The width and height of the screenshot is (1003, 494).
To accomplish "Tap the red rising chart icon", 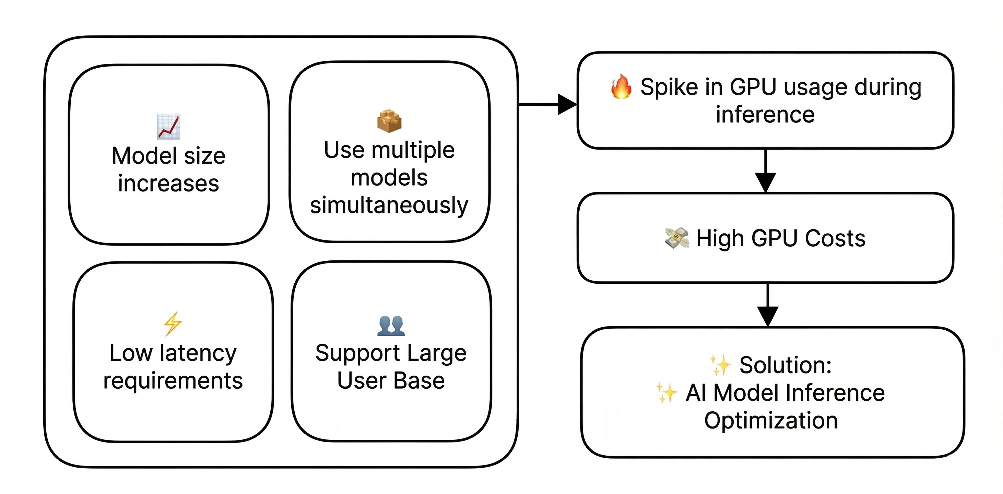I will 168,127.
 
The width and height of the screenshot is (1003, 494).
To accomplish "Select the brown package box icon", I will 389,121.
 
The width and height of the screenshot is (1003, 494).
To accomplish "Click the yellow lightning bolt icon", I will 173,324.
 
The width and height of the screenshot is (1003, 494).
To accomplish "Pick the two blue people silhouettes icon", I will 391,326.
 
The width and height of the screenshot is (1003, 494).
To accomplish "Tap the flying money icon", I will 676,238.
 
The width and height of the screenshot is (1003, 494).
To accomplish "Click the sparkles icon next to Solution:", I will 720,365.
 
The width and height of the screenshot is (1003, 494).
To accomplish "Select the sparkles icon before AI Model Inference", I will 666,392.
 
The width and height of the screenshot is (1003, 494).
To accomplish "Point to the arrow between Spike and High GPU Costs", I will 766,171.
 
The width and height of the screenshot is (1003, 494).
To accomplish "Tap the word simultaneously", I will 389,205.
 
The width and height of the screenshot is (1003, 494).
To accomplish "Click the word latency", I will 198,353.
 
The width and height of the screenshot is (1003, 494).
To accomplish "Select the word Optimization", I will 771,421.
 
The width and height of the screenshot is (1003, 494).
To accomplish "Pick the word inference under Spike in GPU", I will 765,115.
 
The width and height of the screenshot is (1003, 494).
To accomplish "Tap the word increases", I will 168,183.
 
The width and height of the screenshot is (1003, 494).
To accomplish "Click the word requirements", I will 173,381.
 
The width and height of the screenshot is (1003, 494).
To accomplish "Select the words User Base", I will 391,381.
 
